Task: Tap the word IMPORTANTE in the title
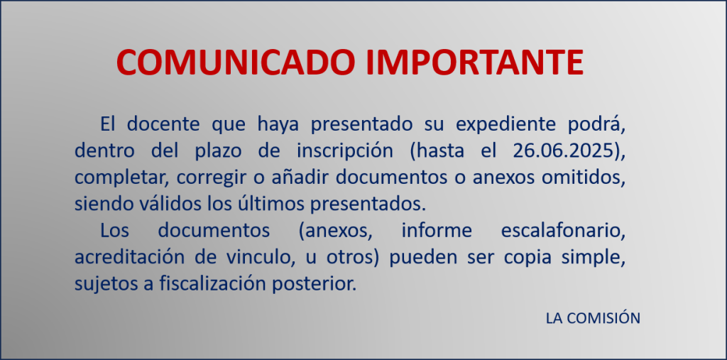tap(474, 62)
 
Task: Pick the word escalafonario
tap(563, 231)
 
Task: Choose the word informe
tap(437, 231)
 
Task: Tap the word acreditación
tap(130, 258)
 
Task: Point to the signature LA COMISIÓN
tap(593, 318)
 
